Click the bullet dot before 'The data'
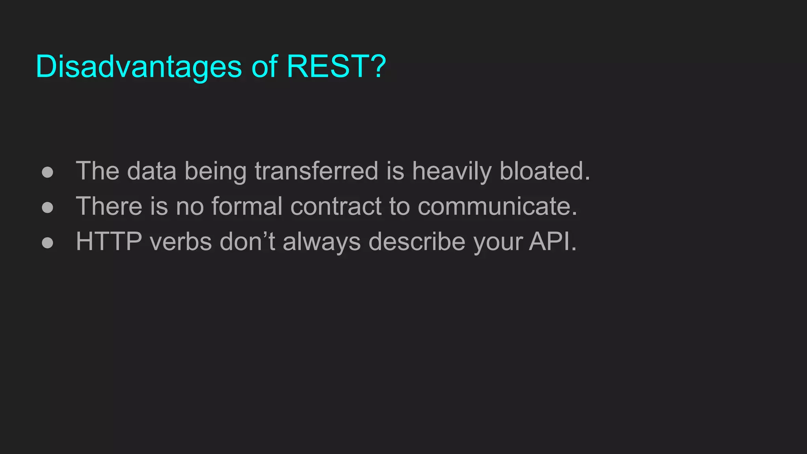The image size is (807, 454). pos(47,172)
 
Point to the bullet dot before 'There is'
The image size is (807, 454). pos(47,207)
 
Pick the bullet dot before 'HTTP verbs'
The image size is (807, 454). pos(47,242)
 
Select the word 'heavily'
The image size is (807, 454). pos(452,172)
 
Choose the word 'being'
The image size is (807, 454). pos(215,172)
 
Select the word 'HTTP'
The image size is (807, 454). pos(109,241)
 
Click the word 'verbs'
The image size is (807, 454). pos(181,241)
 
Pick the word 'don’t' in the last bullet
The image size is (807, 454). pos(247,241)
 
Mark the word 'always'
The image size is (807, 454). pos(322,242)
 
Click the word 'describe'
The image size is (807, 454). pos(417,241)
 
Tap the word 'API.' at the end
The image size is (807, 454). pos(553,241)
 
